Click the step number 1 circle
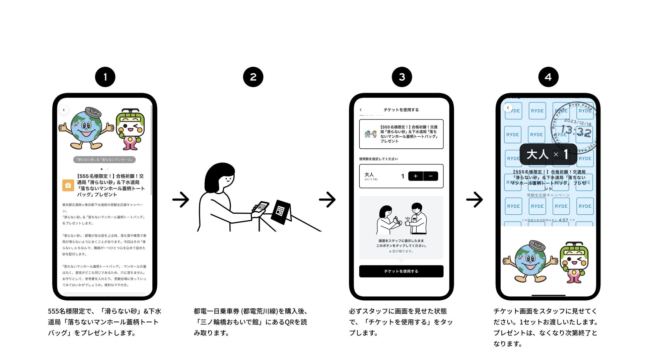click(105, 77)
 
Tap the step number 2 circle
click(253, 77)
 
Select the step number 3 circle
click(402, 77)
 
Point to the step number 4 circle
click(548, 77)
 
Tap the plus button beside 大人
click(416, 176)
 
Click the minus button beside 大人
click(431, 176)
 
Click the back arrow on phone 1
click(64, 110)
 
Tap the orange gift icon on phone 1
click(68, 185)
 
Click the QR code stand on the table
click(281, 212)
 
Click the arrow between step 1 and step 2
click(181, 200)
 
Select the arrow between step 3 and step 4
click(475, 200)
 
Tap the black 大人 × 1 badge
click(548, 154)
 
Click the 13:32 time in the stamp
click(576, 131)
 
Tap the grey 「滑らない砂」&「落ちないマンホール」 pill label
click(104, 160)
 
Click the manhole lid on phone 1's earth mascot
click(93, 112)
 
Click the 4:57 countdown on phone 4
click(563, 220)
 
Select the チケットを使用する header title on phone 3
click(401, 110)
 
